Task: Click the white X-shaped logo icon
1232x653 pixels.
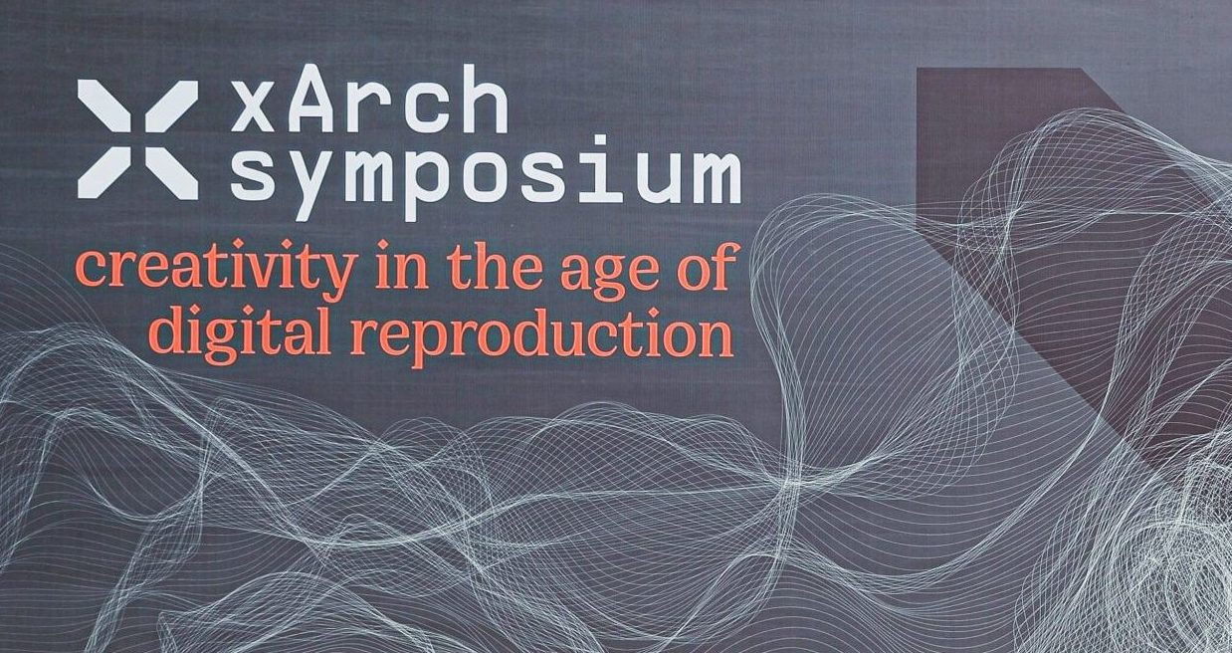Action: click(137, 139)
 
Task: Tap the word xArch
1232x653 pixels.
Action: click(368, 99)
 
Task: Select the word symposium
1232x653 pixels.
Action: click(485, 177)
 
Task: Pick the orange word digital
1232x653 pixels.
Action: click(240, 331)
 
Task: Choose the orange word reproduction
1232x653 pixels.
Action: click(541, 331)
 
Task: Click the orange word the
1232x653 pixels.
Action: click(494, 266)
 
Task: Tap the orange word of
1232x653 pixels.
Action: click(707, 265)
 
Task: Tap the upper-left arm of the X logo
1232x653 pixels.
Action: click(104, 107)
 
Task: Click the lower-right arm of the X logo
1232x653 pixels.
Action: click(171, 173)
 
